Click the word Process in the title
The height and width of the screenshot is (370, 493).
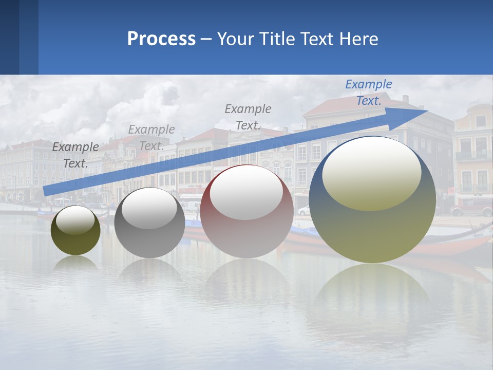[x=161, y=39]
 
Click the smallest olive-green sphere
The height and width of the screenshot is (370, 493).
[x=75, y=242]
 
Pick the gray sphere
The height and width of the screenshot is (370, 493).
[x=149, y=242]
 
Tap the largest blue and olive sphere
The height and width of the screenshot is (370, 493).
[x=372, y=231]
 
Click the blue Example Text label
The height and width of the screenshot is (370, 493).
[x=368, y=92]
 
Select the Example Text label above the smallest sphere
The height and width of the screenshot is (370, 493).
[x=75, y=155]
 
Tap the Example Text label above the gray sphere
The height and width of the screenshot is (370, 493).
[x=151, y=137]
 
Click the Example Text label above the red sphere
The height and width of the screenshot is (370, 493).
[x=248, y=117]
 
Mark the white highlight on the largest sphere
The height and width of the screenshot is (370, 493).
[x=371, y=172]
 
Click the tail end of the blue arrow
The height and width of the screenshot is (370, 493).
[x=46, y=190]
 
